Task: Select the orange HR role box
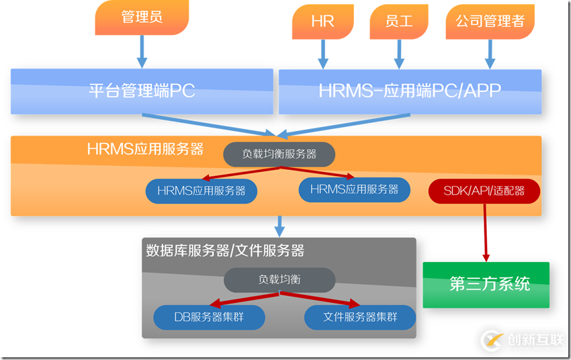322,21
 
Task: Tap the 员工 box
399,21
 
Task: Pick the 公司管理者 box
490,21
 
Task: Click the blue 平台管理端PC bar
142,91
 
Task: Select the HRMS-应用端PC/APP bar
410,91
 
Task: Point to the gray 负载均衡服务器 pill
279,154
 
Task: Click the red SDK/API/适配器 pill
484,191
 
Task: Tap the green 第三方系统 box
486,284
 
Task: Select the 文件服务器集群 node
360,317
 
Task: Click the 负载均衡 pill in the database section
279,280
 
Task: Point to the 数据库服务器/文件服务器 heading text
225,251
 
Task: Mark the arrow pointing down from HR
322,53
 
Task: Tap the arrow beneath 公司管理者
490,53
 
